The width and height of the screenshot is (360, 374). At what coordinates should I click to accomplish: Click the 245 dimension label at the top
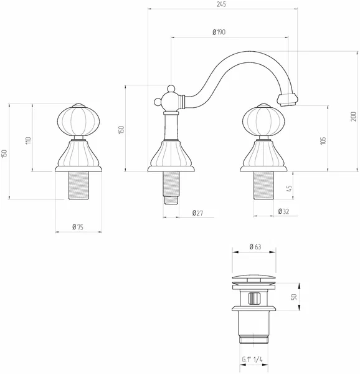pyautogui.click(x=221, y=4)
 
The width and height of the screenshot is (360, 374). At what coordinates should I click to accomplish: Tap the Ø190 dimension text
pyautogui.click(x=219, y=32)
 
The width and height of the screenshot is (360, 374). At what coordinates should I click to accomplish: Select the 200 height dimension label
pyautogui.click(x=353, y=117)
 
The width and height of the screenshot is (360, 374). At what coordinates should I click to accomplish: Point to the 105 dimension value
pyautogui.click(x=323, y=141)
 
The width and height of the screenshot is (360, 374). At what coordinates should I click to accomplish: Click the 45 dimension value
pyautogui.click(x=289, y=188)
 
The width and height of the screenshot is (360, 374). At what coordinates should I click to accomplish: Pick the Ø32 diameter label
pyautogui.click(x=283, y=211)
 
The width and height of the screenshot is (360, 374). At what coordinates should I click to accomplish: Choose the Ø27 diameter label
pyautogui.click(x=197, y=213)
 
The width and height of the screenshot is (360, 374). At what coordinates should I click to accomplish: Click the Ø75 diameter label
pyautogui.click(x=78, y=227)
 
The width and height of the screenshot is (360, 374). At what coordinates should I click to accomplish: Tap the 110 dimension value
pyautogui.click(x=29, y=140)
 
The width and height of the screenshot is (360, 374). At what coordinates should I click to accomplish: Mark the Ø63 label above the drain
pyautogui.click(x=255, y=247)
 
